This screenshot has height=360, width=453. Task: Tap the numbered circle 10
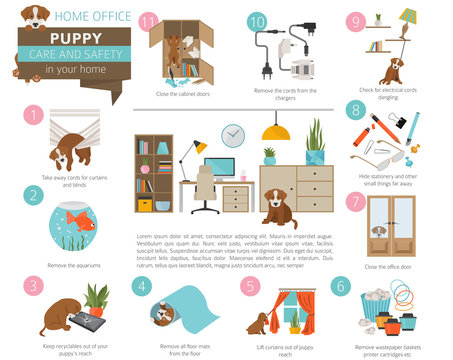(256, 20)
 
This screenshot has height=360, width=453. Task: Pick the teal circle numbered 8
(354, 111)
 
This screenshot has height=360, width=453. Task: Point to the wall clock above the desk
(232, 135)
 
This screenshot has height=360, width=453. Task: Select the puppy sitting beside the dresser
(272, 207)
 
